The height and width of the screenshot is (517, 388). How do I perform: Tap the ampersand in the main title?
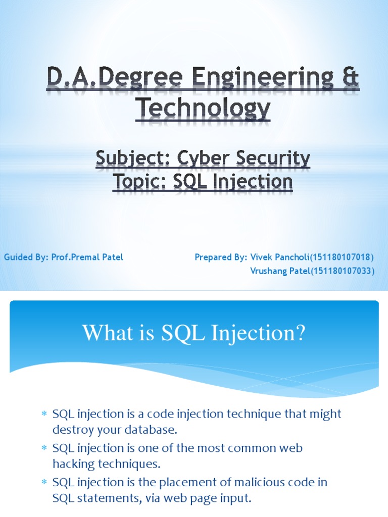(x=349, y=81)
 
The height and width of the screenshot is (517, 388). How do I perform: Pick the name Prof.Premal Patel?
(x=87, y=257)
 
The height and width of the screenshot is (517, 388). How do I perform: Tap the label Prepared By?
(x=220, y=257)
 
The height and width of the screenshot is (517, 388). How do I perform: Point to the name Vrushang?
(x=268, y=272)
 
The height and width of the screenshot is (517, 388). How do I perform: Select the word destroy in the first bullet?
(x=72, y=431)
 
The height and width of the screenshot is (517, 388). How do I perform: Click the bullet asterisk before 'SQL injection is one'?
(x=44, y=448)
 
